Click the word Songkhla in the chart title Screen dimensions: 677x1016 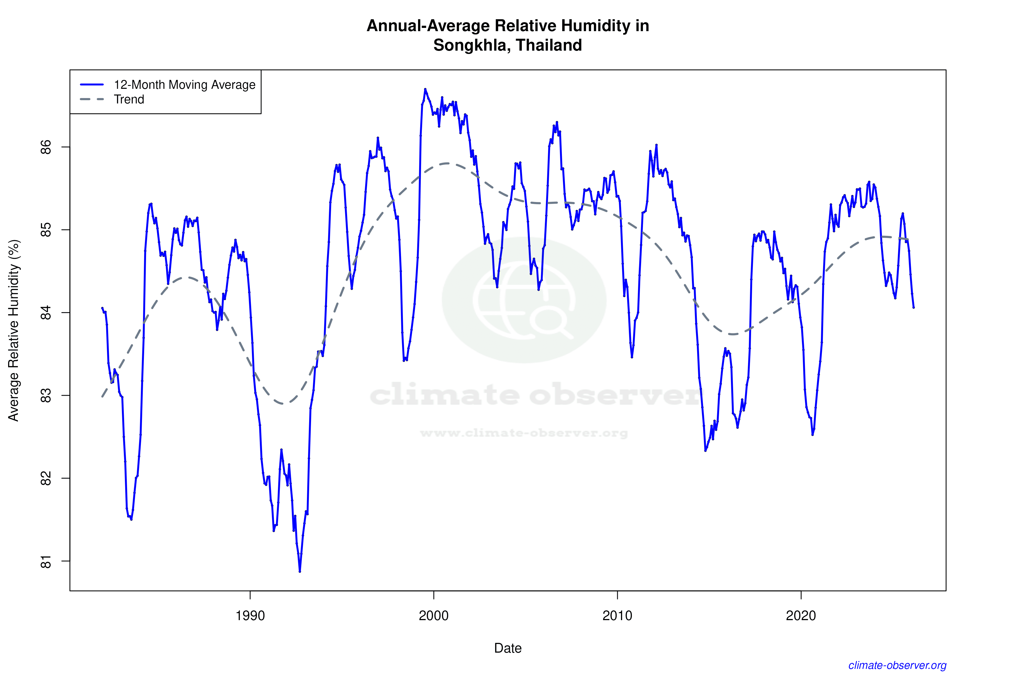click(x=470, y=45)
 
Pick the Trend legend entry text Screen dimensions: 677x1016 click(x=129, y=99)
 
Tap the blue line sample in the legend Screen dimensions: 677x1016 click(x=92, y=84)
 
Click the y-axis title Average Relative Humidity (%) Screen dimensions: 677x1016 click(x=14, y=330)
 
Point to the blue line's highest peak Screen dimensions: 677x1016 click(x=425, y=89)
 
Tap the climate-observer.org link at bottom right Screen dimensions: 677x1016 click(x=897, y=665)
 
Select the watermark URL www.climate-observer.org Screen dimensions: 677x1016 click(x=524, y=433)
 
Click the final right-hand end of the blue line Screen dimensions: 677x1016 click(x=914, y=307)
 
